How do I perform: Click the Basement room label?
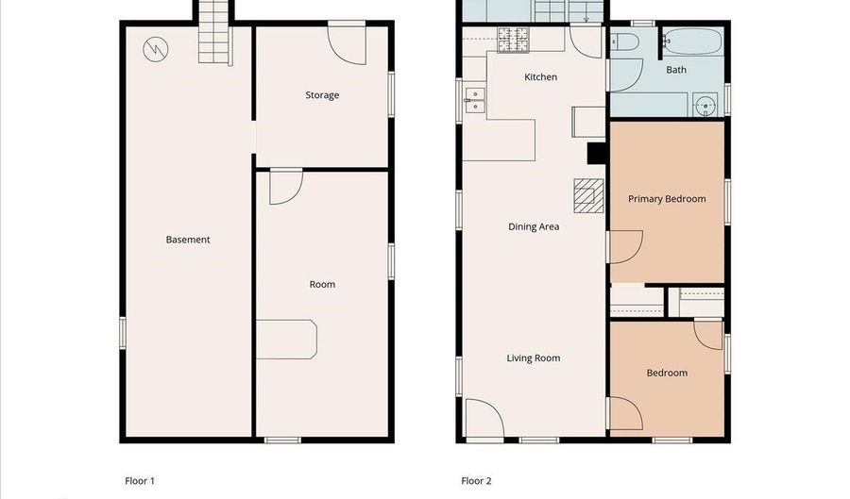188,240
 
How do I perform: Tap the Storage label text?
322,95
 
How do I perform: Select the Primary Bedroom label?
667,199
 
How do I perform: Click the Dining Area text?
534,226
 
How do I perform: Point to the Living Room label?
534,358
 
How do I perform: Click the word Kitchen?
541,77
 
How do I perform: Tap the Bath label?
676,70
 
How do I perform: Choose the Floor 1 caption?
140,481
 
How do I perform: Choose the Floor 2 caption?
476,481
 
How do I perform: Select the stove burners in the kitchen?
514,40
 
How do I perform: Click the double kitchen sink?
475,100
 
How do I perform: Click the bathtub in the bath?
692,42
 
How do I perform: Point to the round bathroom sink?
705,106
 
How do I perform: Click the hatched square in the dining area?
587,197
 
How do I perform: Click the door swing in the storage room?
345,44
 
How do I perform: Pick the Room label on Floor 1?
322,285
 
